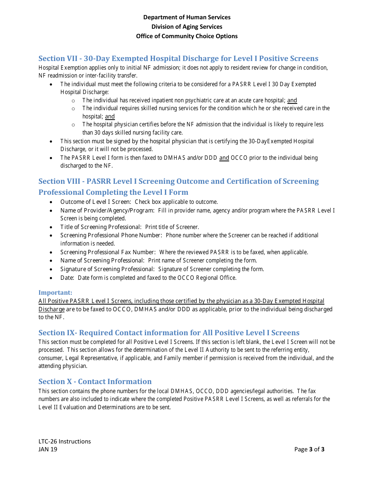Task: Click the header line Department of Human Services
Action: point(187,17)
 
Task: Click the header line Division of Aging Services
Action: point(187,27)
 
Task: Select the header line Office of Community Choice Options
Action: point(187,36)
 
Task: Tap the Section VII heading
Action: point(178,59)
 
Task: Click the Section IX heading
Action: point(168,333)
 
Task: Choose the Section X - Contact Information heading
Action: point(95,382)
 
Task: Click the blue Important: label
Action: point(55,293)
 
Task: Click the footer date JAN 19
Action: point(48,449)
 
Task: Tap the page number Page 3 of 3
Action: point(309,449)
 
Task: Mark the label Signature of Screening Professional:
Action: point(107,269)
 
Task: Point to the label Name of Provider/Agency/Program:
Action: point(107,211)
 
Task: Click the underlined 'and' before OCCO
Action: point(224,158)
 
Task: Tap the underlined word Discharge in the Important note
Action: point(52,309)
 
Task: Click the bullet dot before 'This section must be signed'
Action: point(52,141)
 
